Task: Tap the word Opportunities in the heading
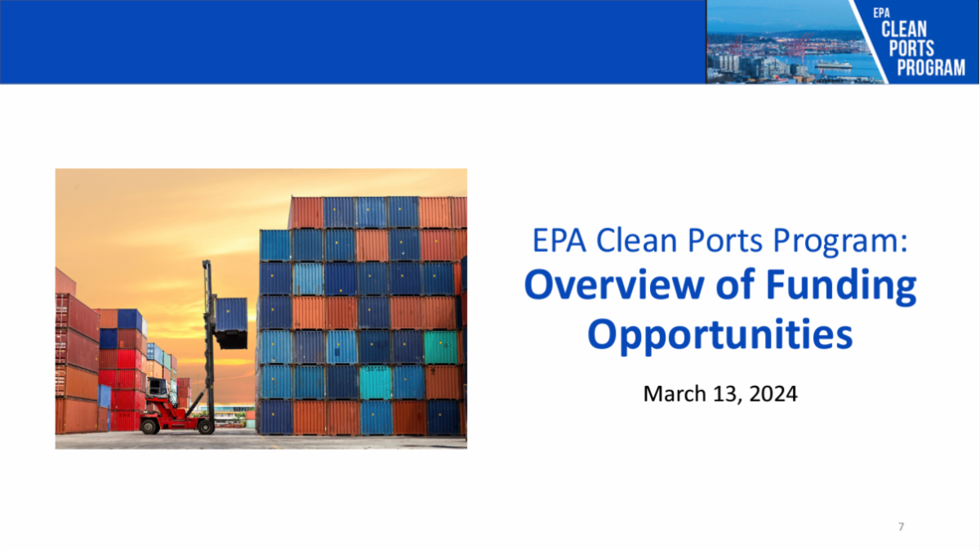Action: coord(720,334)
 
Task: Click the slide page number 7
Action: coord(901,526)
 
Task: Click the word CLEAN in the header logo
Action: coord(904,29)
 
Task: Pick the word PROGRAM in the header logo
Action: coord(931,68)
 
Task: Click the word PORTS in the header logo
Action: coord(911,48)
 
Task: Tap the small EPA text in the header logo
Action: coord(880,12)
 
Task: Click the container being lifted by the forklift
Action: coord(231,320)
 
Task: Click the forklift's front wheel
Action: coord(205,426)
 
